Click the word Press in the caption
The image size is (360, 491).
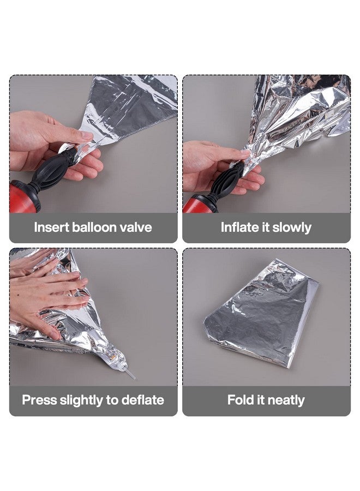(x=39, y=400)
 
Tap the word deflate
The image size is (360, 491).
(x=143, y=400)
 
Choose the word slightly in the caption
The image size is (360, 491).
(x=81, y=400)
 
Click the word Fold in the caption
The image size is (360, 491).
(x=238, y=400)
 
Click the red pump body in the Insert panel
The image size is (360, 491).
(x=25, y=197)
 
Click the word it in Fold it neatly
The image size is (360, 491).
(x=259, y=400)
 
